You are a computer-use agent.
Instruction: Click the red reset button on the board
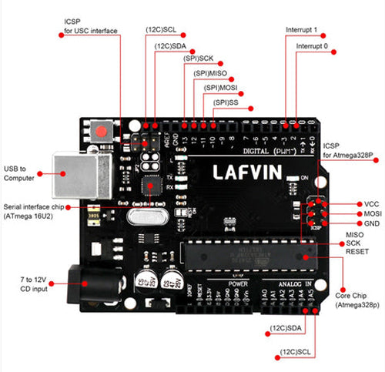[100, 130]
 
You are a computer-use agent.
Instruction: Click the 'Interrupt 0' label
[312, 46]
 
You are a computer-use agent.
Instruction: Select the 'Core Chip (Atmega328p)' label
[356, 300]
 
